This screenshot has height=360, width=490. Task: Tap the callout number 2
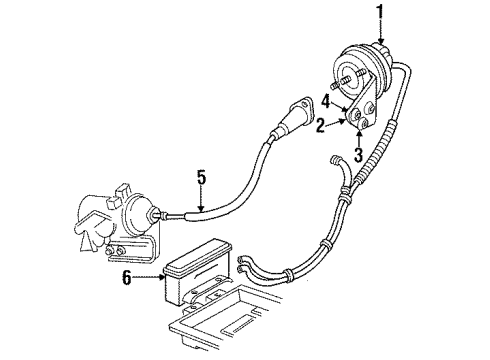[x=321, y=127]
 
